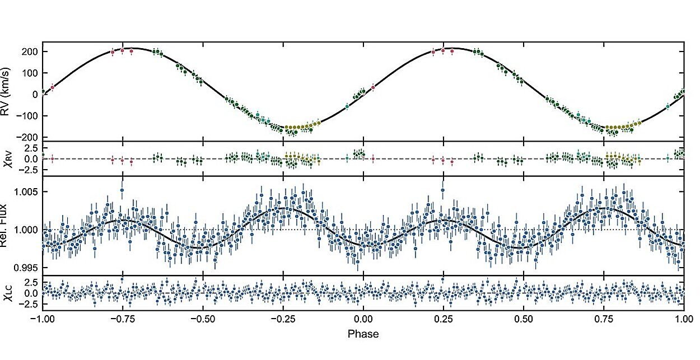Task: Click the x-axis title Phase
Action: click(x=363, y=334)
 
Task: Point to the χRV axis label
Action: click(x=8, y=158)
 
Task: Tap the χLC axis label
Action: click(x=8, y=293)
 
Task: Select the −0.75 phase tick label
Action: click(x=122, y=319)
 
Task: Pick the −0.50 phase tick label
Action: click(x=202, y=319)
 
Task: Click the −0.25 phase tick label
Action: click(x=282, y=319)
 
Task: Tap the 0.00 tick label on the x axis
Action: click(x=363, y=319)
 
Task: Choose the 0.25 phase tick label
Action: click(x=443, y=319)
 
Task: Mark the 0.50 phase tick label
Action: click(x=523, y=319)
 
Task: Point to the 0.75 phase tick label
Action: click(x=603, y=319)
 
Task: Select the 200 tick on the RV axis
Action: click(x=30, y=52)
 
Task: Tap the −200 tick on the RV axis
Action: click(x=28, y=137)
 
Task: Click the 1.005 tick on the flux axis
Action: click(x=26, y=192)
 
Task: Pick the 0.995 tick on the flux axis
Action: click(x=26, y=267)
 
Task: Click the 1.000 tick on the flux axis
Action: click(x=26, y=230)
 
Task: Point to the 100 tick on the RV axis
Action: click(x=30, y=73)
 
